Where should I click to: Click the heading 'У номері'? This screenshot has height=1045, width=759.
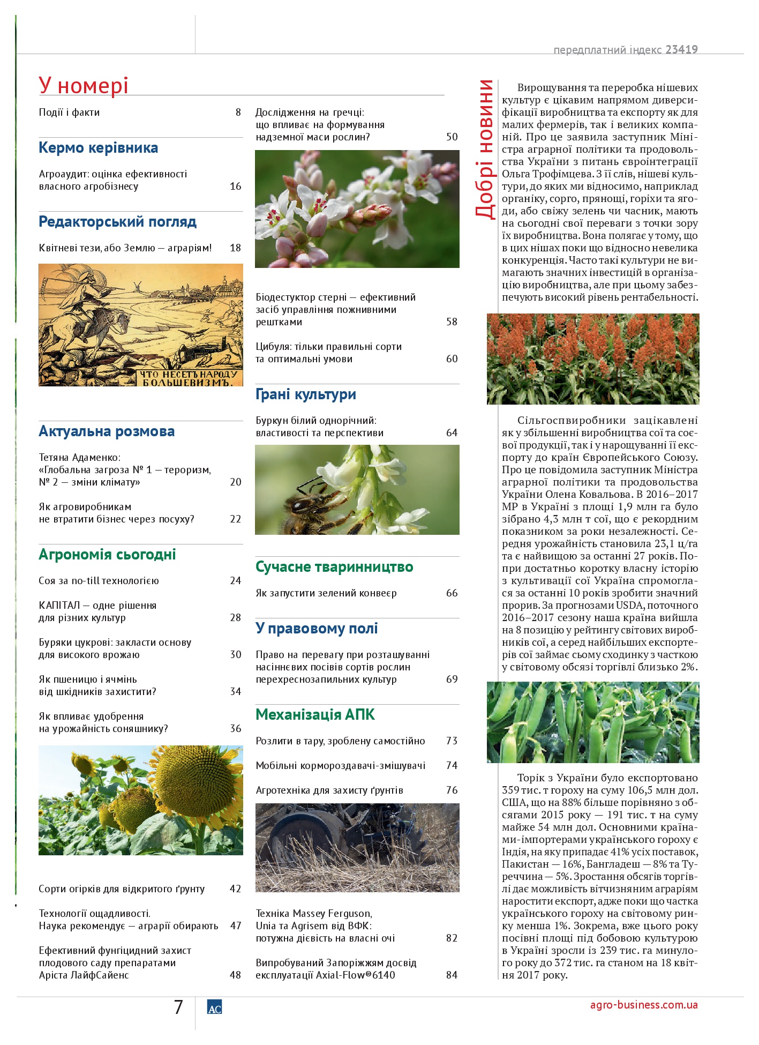(x=84, y=86)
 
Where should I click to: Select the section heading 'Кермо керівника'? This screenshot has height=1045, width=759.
(x=99, y=148)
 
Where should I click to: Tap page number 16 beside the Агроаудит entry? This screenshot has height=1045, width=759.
(x=236, y=186)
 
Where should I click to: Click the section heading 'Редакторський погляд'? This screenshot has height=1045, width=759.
(x=118, y=222)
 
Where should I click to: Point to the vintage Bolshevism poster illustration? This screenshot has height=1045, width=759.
(x=140, y=325)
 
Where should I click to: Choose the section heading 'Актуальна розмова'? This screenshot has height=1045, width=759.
(x=107, y=431)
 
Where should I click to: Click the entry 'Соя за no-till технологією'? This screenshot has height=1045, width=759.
(x=99, y=581)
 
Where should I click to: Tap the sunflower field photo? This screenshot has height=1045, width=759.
(x=140, y=800)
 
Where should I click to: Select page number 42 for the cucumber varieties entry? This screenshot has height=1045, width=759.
(x=236, y=889)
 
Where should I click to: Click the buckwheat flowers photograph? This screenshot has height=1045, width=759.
(x=357, y=209)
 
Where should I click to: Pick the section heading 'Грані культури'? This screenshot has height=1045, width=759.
(x=306, y=394)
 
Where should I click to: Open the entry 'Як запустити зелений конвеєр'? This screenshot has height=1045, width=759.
(x=326, y=593)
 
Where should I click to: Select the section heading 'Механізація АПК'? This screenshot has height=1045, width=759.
(x=315, y=715)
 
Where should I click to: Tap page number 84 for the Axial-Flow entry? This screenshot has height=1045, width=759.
(x=452, y=975)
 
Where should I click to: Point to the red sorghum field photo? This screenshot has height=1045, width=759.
(x=593, y=359)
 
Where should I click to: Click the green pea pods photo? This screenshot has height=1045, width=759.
(x=593, y=722)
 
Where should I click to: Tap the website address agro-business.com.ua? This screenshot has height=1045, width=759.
(x=644, y=1005)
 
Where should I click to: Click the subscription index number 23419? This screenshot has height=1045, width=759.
(x=681, y=50)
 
